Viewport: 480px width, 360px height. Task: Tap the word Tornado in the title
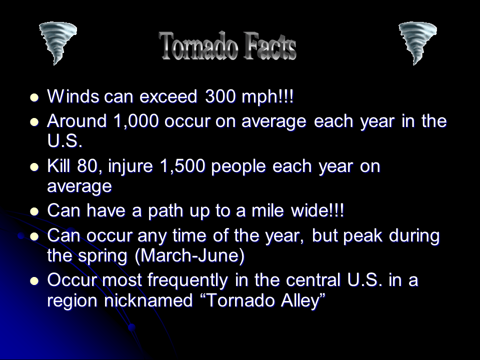[x=198, y=46]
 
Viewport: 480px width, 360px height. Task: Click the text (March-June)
[x=190, y=256]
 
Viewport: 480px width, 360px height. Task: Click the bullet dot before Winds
[x=34, y=97]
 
